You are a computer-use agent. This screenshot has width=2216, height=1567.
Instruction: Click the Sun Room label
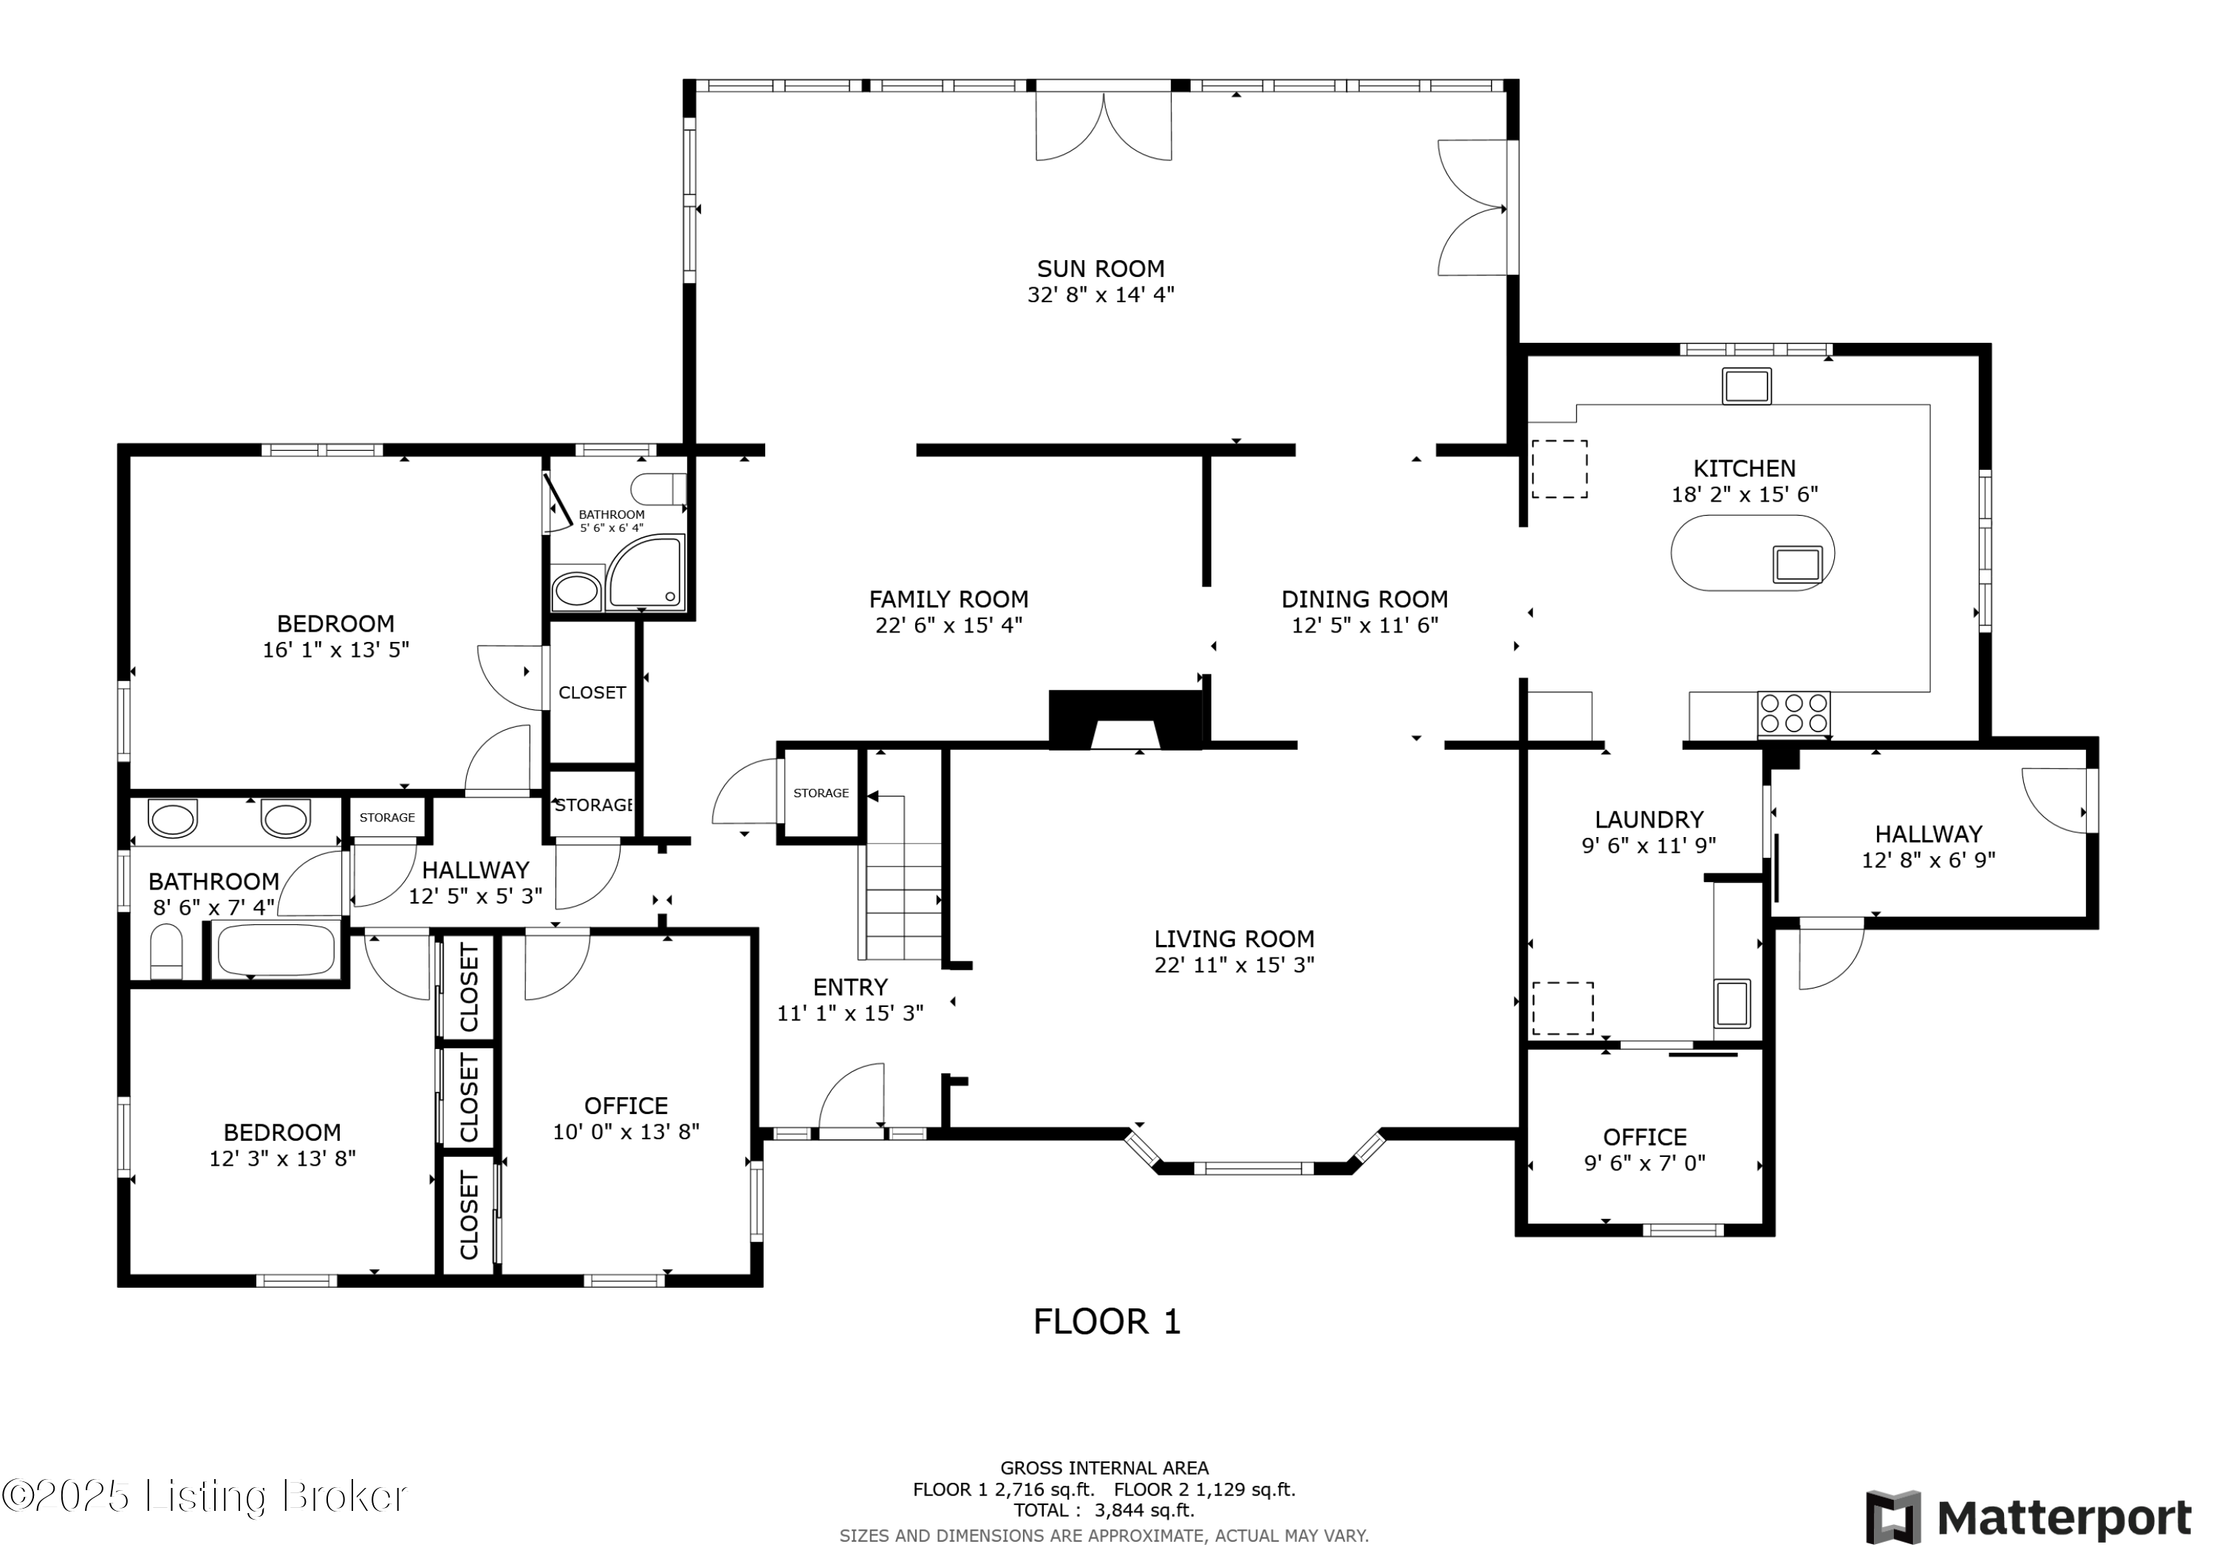pos(1101,268)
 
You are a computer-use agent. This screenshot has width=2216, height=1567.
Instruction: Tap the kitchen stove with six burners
pos(1794,714)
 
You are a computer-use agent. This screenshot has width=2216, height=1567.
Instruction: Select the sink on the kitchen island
pos(1797,564)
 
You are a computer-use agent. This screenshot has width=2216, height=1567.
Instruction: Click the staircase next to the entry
pos(903,878)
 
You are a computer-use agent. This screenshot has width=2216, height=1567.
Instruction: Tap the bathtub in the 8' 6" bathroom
pos(276,951)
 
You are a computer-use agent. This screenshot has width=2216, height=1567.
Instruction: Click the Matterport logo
pos(2029,1519)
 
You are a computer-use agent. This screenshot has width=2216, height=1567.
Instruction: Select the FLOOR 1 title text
pos(1107,1322)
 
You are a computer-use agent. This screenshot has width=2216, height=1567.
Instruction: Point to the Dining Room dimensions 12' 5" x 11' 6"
pos(1365,626)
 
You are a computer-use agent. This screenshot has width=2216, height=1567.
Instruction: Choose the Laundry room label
pos(1649,820)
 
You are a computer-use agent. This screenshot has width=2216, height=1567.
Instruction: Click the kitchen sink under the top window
pos(1747,385)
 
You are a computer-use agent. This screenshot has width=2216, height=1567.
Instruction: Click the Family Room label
pos(948,600)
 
